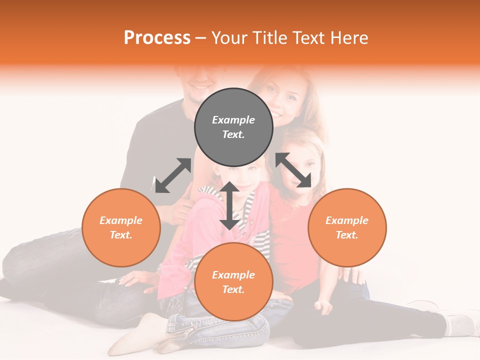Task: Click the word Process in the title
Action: (157, 37)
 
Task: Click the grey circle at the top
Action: (233, 107)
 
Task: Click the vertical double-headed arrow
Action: (229, 205)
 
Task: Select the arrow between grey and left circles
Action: (173, 175)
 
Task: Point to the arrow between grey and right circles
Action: (293, 170)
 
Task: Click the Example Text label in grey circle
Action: (233, 127)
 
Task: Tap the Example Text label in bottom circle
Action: (233, 282)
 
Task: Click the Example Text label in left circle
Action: (121, 227)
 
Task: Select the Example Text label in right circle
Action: (347, 227)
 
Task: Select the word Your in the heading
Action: (230, 37)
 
